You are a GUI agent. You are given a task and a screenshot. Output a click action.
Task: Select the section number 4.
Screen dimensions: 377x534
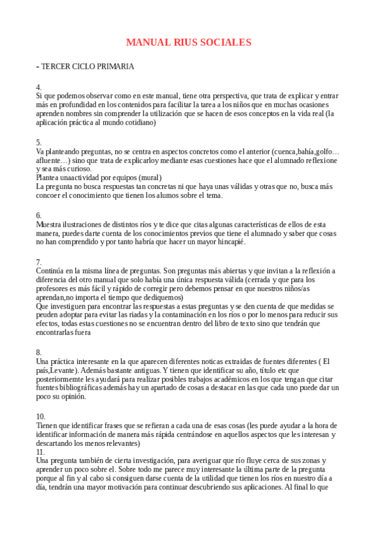[39, 86]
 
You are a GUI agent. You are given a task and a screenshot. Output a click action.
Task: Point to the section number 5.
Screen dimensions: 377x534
[39, 142]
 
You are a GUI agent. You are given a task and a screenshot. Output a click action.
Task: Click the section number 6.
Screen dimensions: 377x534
[39, 215]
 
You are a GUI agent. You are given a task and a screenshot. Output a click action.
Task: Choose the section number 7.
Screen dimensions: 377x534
[39, 261]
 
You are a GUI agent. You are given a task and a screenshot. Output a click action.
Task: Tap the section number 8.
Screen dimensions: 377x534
[39, 352]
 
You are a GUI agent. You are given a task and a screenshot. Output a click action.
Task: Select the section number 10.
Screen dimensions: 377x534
[41, 416]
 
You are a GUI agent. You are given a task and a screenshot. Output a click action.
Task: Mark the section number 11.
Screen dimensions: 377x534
[41, 452]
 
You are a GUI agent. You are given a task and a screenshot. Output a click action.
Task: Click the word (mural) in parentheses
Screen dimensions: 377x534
[149, 178]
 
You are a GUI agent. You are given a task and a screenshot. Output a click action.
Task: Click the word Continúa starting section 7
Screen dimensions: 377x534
[52, 271]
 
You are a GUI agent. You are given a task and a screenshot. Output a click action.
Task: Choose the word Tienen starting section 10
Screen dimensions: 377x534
[48, 425]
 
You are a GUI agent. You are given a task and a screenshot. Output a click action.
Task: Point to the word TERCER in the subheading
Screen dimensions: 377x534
[57, 66]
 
